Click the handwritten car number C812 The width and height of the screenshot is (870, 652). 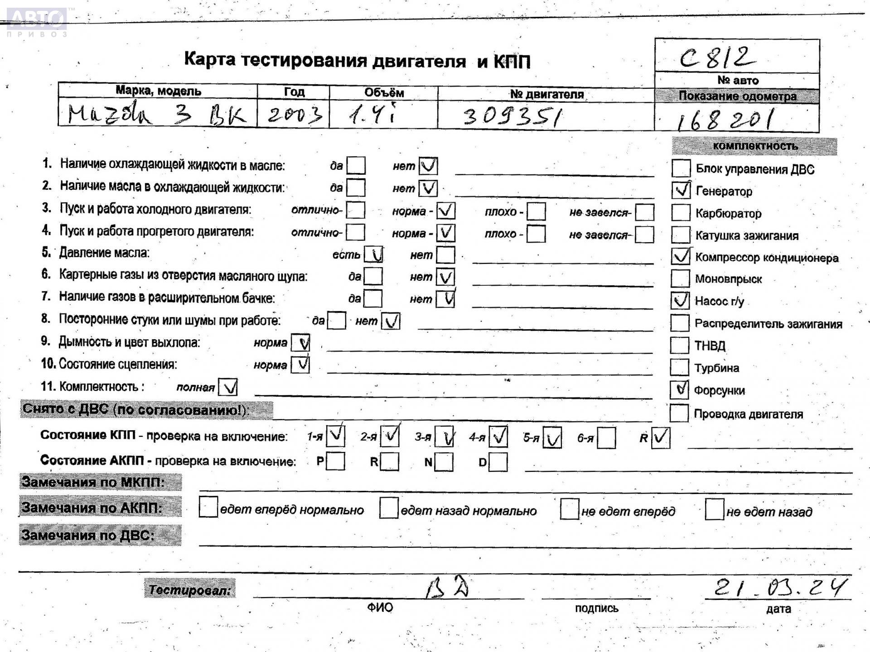click(x=718, y=58)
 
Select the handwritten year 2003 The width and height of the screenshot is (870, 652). click(x=295, y=114)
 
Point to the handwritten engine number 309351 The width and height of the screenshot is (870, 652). click(x=512, y=116)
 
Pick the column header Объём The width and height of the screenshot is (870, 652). click(x=384, y=93)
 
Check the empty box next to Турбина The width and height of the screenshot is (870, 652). click(x=679, y=367)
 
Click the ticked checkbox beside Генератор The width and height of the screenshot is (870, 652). click(x=681, y=190)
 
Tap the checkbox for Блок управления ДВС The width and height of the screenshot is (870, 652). click(x=681, y=168)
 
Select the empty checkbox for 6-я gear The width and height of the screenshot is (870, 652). click(x=606, y=438)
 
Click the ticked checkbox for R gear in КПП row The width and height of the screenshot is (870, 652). click(x=660, y=437)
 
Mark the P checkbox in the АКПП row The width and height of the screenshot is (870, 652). click(x=335, y=461)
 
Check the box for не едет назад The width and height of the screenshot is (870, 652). click(x=714, y=510)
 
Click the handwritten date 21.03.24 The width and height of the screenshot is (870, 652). click(x=779, y=588)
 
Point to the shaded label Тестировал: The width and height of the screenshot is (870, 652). click(x=190, y=590)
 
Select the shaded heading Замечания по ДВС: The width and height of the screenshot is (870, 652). click(x=100, y=535)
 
